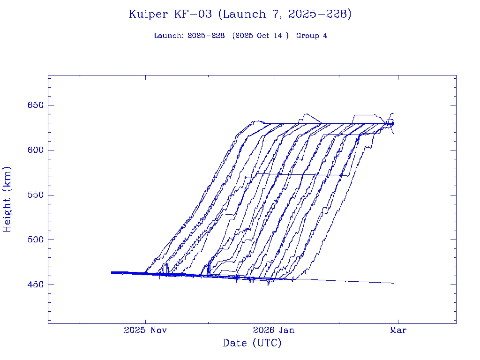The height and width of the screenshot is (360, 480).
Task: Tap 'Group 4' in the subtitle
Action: (x=312, y=36)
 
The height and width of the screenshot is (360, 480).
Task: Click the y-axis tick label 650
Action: (x=35, y=105)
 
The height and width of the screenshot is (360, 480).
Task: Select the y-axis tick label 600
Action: (x=35, y=150)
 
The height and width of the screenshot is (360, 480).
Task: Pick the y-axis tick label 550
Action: (x=35, y=195)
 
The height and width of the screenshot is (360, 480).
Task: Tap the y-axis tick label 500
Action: (x=35, y=240)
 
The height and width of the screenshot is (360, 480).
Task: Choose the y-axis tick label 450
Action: (x=35, y=285)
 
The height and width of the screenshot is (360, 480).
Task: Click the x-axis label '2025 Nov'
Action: (x=145, y=330)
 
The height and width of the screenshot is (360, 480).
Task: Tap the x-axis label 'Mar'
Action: (x=398, y=330)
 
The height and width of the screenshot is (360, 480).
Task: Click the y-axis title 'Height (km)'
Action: (x=7, y=199)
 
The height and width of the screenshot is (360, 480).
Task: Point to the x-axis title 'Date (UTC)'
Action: (x=252, y=344)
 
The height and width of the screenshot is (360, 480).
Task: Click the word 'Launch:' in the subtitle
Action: (x=169, y=36)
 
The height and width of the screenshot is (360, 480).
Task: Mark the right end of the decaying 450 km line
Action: (x=394, y=283)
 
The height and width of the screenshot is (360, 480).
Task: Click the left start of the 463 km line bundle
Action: (x=112, y=272)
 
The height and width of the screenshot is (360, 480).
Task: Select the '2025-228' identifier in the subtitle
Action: (x=206, y=36)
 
